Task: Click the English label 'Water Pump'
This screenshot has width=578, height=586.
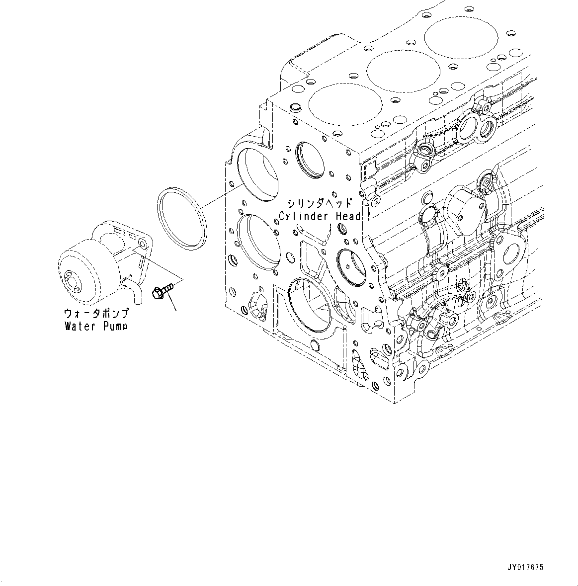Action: click(x=95, y=327)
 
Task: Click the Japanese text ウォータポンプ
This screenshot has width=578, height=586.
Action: click(x=96, y=314)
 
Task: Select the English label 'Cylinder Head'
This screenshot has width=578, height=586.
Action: click(x=320, y=216)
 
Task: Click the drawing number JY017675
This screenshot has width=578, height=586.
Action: click(x=525, y=567)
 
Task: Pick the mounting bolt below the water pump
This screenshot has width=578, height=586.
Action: click(x=162, y=290)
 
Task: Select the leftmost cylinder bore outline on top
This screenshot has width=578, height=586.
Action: click(x=345, y=106)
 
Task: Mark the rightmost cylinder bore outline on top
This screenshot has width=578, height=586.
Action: click(x=460, y=37)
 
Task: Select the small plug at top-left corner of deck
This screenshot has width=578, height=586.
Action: click(x=294, y=107)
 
